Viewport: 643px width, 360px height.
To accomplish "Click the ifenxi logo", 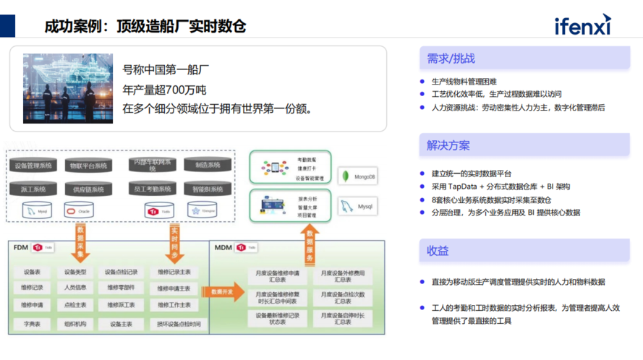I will (x=582, y=25).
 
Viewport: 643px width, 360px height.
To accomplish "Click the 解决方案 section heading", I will (x=448, y=145).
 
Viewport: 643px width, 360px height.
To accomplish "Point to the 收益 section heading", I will (x=438, y=251).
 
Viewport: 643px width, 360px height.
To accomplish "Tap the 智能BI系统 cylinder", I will (x=208, y=189).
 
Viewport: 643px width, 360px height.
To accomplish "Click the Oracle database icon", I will (x=79, y=211).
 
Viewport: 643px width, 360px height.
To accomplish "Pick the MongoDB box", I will (x=360, y=176).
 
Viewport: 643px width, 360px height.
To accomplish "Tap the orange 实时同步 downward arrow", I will (x=175, y=243).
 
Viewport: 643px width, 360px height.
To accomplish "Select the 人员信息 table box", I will (x=75, y=288).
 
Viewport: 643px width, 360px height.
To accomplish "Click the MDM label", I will (x=223, y=248).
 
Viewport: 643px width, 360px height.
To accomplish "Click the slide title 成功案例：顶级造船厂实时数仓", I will (x=145, y=26).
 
